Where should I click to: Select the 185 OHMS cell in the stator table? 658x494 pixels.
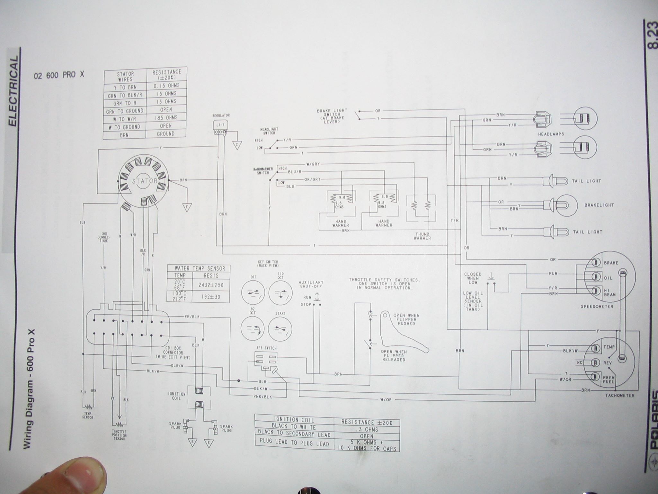[x=166, y=118]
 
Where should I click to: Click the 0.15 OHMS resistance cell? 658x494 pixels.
[x=166, y=86]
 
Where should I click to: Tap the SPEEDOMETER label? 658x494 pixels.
[x=597, y=306]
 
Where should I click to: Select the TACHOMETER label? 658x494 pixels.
[x=620, y=395]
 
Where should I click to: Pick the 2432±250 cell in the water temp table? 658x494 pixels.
[x=211, y=285]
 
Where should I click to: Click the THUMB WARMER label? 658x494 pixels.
[x=422, y=236]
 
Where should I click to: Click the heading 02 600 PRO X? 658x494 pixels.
[x=59, y=75]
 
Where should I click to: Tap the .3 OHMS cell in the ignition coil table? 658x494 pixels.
[x=367, y=429]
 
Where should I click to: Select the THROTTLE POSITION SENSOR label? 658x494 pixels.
[x=119, y=435]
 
